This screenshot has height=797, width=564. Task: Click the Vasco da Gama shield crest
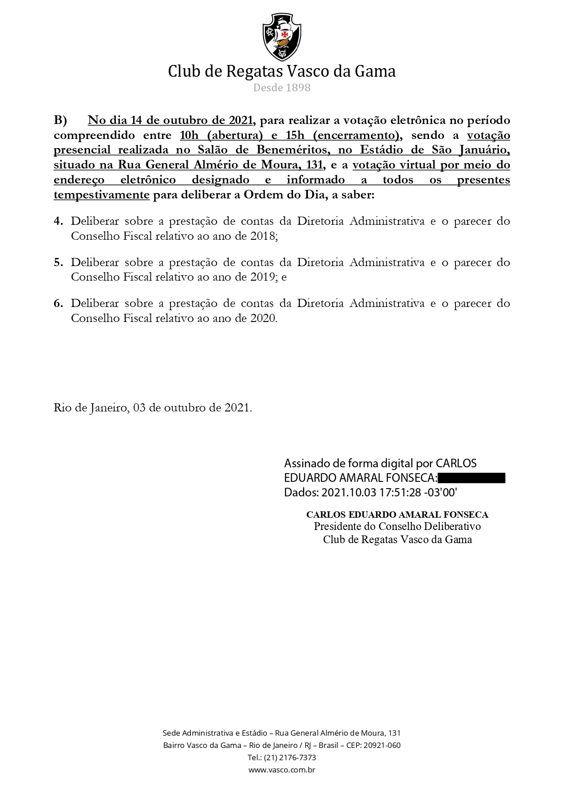[282, 37]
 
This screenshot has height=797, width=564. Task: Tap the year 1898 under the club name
[298, 88]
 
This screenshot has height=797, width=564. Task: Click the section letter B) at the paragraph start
[60, 120]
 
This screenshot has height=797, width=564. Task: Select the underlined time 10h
[190, 135]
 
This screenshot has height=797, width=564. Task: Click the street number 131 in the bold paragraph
[314, 165]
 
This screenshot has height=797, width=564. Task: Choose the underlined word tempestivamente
[101, 195]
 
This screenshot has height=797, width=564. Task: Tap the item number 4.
[58, 222]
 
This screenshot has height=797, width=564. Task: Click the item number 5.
[58, 262]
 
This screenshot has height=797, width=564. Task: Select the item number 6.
[58, 303]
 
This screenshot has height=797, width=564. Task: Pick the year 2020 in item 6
[263, 318]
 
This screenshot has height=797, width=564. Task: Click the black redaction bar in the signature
[472, 478]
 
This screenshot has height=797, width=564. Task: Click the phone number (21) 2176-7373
[289, 757]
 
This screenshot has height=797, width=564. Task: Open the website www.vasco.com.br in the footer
[282, 770]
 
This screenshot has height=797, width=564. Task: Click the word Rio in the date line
[62, 408]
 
